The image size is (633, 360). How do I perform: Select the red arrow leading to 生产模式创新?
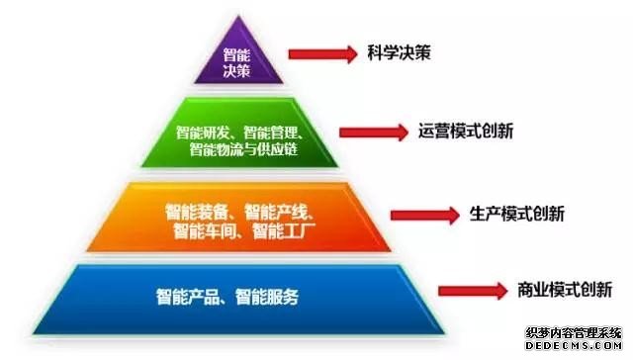coord(424,213)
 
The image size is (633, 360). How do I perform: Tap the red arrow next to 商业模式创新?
coord(474,290)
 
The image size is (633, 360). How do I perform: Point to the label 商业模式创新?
coord(564,290)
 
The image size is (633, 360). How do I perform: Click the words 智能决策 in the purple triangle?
coord(237,62)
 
